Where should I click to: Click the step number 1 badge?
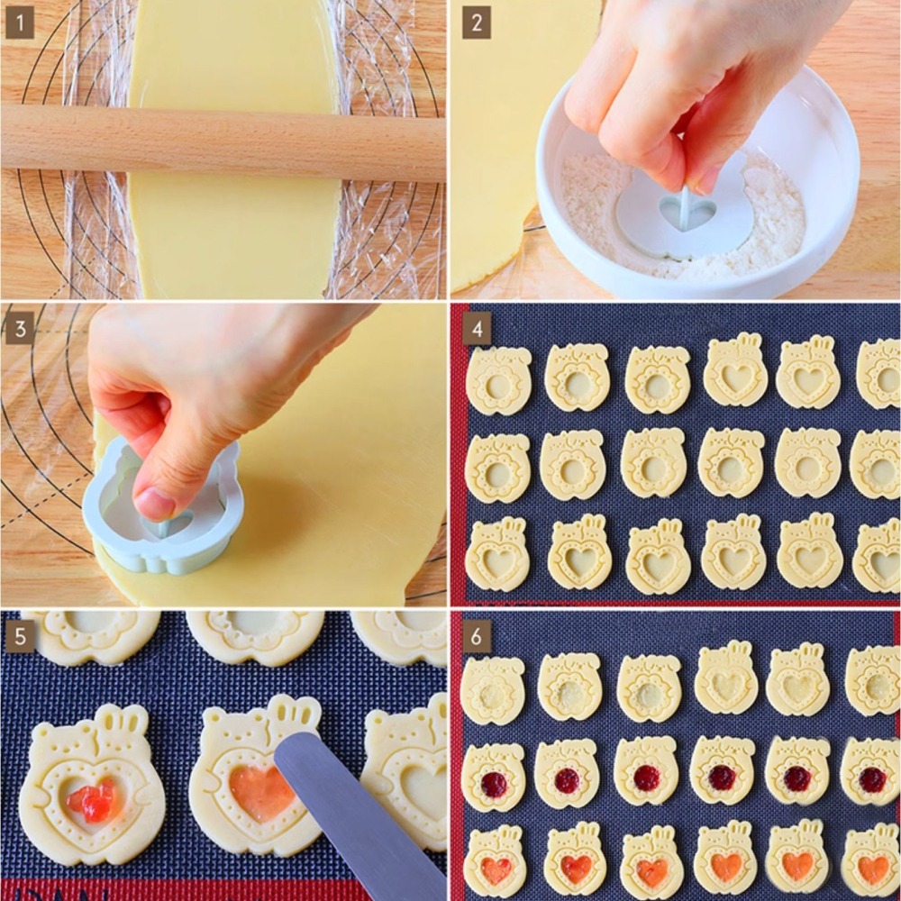pos(20,23)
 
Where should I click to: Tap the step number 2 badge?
pos(477,23)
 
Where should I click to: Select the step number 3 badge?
pos(20,329)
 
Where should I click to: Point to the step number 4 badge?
pos(477,329)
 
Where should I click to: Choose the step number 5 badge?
pos(20,636)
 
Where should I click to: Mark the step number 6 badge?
pos(477,636)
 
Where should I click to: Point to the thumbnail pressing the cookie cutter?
pos(154,504)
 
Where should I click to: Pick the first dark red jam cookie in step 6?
pos(494,783)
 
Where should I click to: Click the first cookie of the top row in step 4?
pos(497,380)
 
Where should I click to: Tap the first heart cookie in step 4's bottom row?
pos(497,555)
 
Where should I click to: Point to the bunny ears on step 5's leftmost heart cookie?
pos(122,717)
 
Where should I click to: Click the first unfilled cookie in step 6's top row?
pos(493,689)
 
